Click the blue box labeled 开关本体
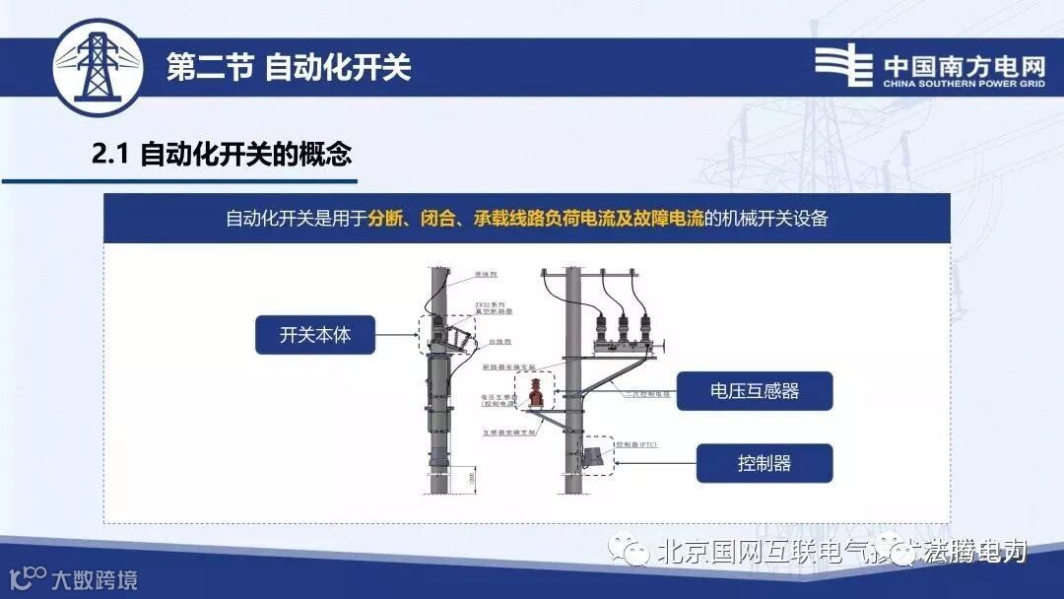tap(316, 335)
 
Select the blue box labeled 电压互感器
tap(756, 391)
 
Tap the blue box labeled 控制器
tap(765, 463)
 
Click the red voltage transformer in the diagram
tap(534, 393)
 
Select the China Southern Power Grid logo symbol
tap(843, 66)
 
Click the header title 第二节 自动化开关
tap(288, 67)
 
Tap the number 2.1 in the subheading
tap(110, 155)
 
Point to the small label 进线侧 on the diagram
tap(484, 274)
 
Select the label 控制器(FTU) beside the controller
tap(635, 444)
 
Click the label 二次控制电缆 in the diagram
tap(646, 392)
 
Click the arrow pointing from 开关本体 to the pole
tap(399, 335)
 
